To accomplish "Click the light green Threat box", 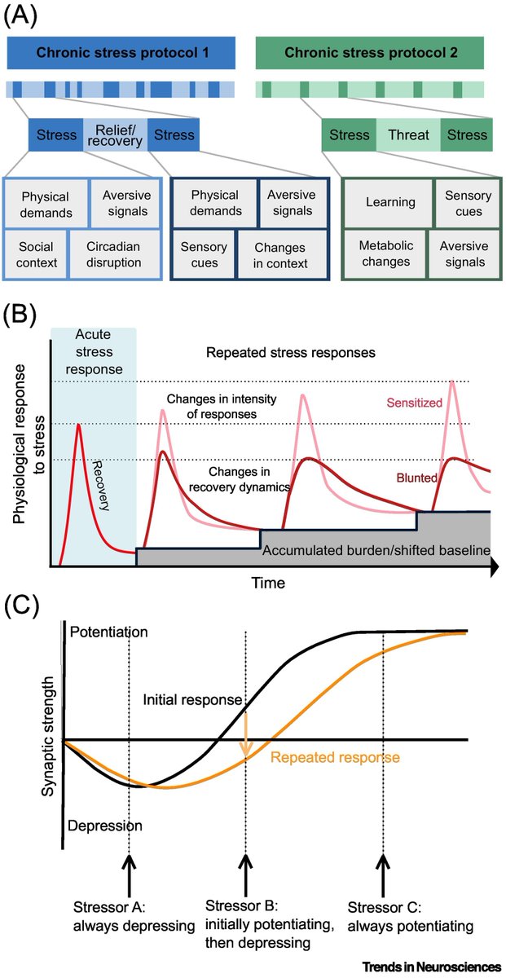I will click(x=407, y=135).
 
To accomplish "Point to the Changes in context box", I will click(x=280, y=254).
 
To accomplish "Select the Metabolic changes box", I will click(x=388, y=254).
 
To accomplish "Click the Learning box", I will click(x=390, y=202).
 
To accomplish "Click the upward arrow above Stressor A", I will click(x=129, y=870).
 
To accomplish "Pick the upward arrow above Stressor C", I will click(x=384, y=870).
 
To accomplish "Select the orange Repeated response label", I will click(x=335, y=757).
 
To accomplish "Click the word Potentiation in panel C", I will click(x=109, y=632).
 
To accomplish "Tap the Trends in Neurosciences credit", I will click(x=439, y=967).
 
